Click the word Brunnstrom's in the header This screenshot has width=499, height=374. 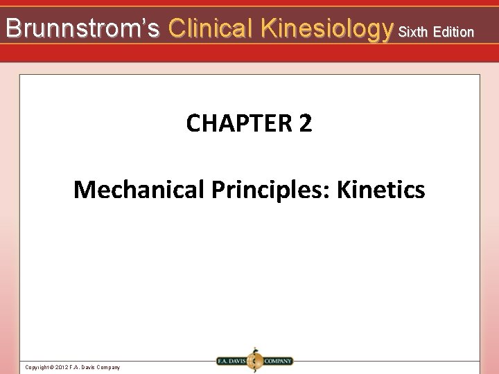[82, 28]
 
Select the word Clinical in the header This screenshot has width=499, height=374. [211, 28]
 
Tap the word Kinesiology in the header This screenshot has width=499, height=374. [324, 28]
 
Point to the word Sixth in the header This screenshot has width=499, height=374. [414, 31]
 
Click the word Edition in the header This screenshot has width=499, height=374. [455, 31]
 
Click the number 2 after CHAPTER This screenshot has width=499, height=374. [306, 124]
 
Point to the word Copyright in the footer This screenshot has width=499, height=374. [36, 367]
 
